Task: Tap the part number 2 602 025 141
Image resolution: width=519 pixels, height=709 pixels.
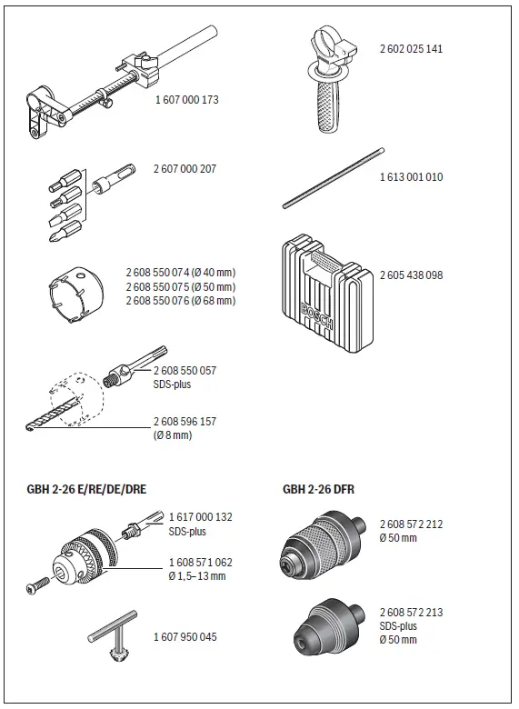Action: tap(412, 47)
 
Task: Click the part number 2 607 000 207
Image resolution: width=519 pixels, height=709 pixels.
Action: tap(185, 169)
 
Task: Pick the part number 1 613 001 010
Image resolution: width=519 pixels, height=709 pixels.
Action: tap(411, 176)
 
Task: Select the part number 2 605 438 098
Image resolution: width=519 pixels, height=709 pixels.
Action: tap(411, 275)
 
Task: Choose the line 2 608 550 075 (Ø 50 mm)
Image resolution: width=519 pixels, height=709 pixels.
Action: tap(180, 286)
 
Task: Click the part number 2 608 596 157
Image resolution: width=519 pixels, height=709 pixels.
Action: tap(185, 422)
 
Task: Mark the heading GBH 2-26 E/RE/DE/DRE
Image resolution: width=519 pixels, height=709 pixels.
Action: tap(86, 489)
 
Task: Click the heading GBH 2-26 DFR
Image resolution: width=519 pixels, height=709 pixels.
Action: tap(318, 489)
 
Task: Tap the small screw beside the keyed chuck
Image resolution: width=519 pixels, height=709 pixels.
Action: tap(35, 588)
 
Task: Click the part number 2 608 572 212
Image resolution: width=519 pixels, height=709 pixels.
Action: tap(411, 524)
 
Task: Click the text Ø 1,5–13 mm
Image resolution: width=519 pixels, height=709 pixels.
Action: tap(197, 576)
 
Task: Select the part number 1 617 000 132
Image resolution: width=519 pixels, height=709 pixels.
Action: tap(201, 517)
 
